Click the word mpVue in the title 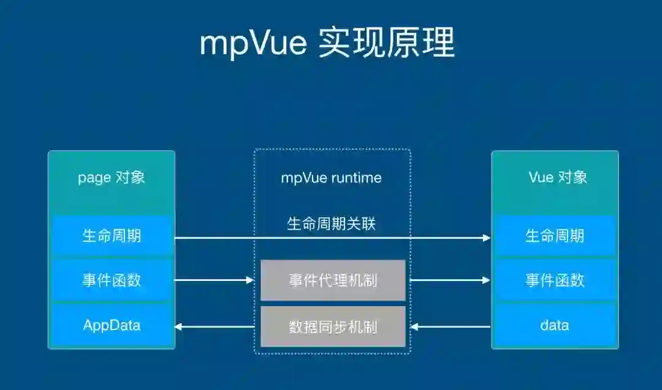(x=253, y=43)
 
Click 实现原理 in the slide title (x=387, y=43)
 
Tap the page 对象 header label (x=111, y=178)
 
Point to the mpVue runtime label (x=331, y=178)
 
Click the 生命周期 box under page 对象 (x=111, y=236)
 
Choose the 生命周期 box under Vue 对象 (x=555, y=236)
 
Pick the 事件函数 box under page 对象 (x=111, y=280)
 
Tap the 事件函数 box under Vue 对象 (x=555, y=280)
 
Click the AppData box (x=111, y=325)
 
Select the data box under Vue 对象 (x=555, y=325)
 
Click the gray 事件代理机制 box (x=333, y=280)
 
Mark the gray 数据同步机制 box (x=333, y=327)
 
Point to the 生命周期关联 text (x=331, y=223)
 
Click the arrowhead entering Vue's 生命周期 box (x=487, y=238)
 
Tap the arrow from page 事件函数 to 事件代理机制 (x=215, y=280)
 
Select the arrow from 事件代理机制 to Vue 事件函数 (x=451, y=280)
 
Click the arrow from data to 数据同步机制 (x=451, y=327)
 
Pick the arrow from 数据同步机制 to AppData (x=215, y=327)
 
